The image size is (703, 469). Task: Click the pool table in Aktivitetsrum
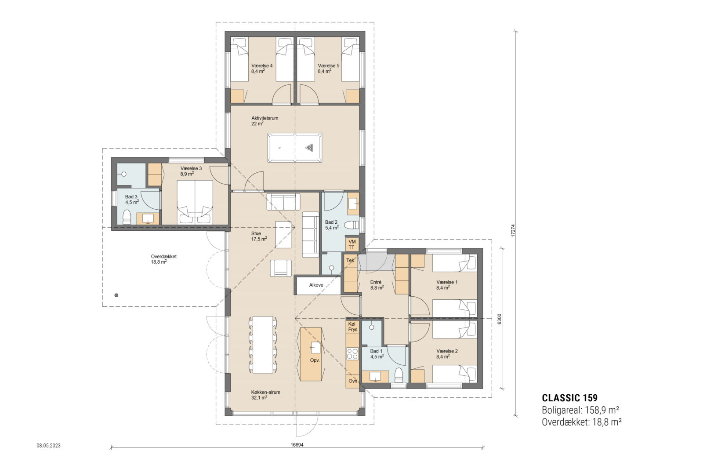tap(294, 148)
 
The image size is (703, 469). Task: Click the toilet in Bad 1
tap(399, 375)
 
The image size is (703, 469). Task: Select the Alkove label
tap(316, 285)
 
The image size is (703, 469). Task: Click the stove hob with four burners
tap(352, 354)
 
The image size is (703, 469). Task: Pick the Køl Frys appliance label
tap(353, 327)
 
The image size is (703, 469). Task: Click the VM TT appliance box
tap(351, 244)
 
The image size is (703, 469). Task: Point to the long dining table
tap(263, 345)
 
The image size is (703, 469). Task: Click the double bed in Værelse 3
tap(195, 202)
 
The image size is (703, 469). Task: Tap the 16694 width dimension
tap(297, 445)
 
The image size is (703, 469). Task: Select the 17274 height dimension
tap(513, 231)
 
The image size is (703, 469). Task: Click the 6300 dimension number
tap(499, 319)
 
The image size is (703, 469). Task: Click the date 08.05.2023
tap(48, 446)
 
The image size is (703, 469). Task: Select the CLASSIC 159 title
tap(569, 398)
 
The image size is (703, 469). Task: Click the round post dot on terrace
tap(116, 295)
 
